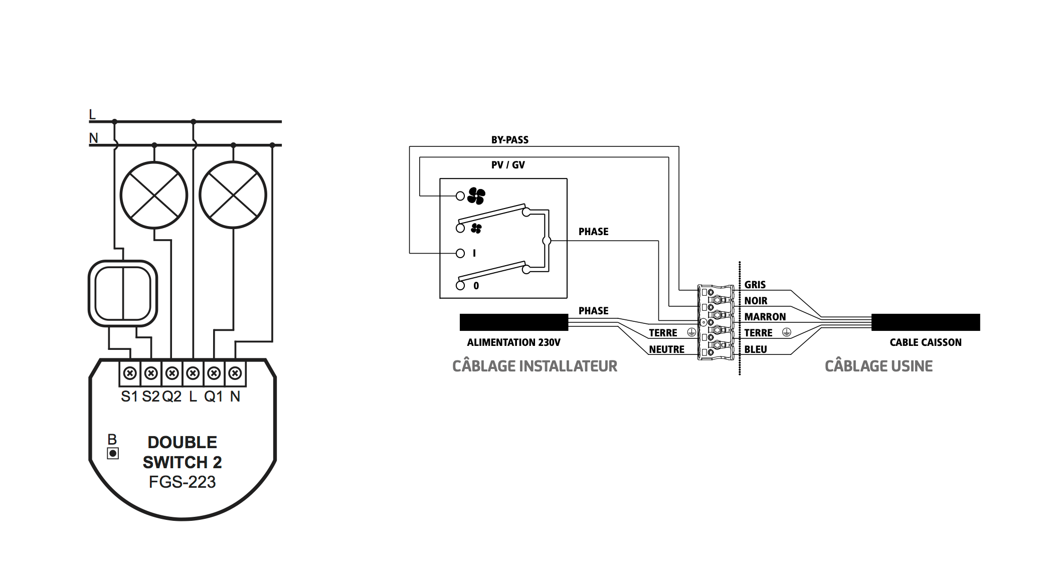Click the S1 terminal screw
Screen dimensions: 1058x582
[x=130, y=373]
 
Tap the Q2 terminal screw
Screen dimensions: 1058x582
[x=172, y=373]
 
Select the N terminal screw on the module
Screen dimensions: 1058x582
[x=235, y=373]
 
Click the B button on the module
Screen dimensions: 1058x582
[x=113, y=454]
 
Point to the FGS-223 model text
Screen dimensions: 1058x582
[x=182, y=482]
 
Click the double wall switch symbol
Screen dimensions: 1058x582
[x=123, y=293]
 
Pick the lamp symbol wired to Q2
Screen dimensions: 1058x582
[x=154, y=195]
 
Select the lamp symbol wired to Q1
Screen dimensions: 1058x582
[x=233, y=195]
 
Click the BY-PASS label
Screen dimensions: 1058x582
[x=510, y=140]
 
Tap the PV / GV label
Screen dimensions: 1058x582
[x=508, y=165]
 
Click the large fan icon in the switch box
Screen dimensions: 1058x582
[x=476, y=196]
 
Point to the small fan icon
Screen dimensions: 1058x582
[x=476, y=229]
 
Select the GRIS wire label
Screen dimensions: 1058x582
[x=755, y=285]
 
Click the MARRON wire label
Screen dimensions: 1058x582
[x=765, y=317]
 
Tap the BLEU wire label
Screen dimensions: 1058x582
[x=756, y=349]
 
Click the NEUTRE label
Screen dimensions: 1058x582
[x=666, y=349]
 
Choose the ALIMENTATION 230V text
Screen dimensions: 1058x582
[x=513, y=342]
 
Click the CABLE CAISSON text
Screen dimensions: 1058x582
[x=926, y=342]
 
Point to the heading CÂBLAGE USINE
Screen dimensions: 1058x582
[x=878, y=366]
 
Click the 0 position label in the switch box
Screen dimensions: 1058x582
[x=476, y=286]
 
